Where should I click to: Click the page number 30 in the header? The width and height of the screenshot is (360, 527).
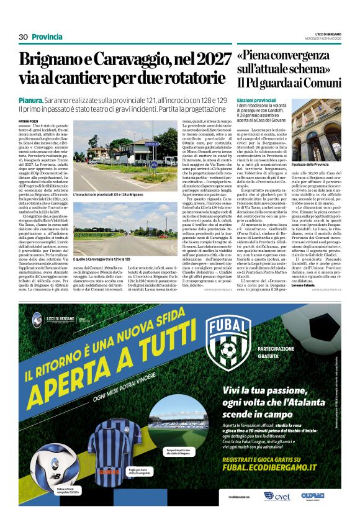24,37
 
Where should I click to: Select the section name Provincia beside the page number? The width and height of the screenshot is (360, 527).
47,37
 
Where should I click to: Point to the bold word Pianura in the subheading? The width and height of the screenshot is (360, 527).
30,99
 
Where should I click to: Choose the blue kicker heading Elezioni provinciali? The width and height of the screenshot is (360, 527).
256,100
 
